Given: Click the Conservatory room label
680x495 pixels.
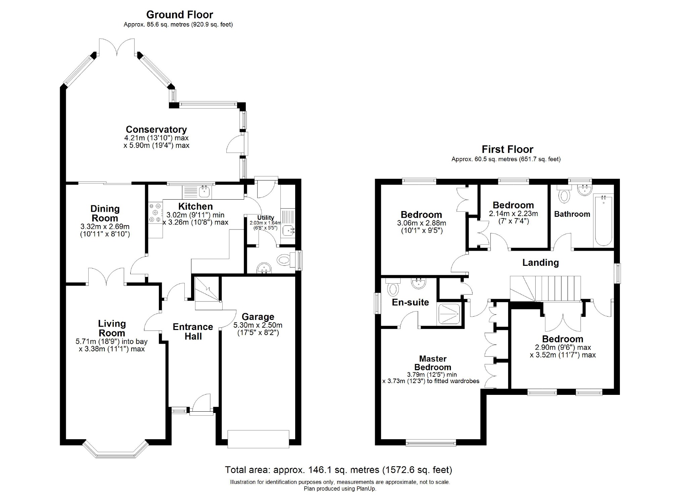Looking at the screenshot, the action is (x=156, y=129).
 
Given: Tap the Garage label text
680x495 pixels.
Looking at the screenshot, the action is (x=258, y=317).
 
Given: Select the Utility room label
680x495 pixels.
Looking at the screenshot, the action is (x=266, y=218).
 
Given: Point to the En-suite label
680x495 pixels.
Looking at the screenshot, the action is (x=410, y=302).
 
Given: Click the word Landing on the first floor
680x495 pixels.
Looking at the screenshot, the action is (x=540, y=262).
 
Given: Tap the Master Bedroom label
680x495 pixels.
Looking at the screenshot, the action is (x=433, y=363).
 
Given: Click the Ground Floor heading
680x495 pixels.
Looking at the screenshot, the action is (x=180, y=14).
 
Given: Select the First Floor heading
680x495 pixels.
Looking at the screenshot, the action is (x=507, y=149).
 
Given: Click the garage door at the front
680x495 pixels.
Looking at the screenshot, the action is (x=258, y=439).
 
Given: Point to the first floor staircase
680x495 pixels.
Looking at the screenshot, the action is (x=545, y=288).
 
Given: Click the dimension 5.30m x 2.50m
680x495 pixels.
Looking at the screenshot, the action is (x=258, y=325).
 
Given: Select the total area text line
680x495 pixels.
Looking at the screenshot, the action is (x=338, y=469).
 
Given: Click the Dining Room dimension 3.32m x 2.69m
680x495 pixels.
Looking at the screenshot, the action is (x=105, y=226).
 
